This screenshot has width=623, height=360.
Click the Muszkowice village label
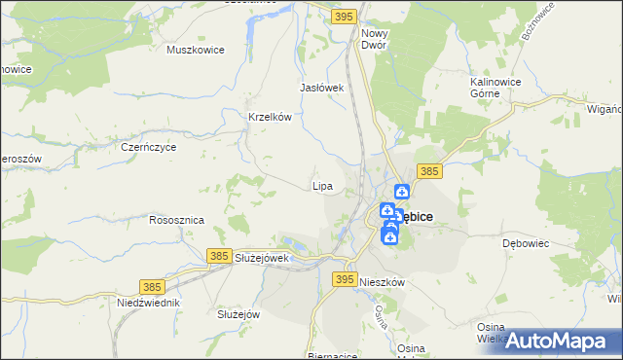pyautogui.click(x=196, y=50)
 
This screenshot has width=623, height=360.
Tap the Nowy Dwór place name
pyautogui.click(x=374, y=38)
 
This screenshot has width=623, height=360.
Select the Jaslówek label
pyautogui.click(x=323, y=88)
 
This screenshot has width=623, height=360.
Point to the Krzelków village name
pyautogui.click(x=271, y=117)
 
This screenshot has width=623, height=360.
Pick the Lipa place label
pyautogui.click(x=322, y=185)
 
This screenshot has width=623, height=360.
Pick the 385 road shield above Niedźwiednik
pyautogui.click(x=151, y=286)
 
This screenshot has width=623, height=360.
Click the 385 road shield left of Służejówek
pyautogui.click(x=219, y=255)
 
